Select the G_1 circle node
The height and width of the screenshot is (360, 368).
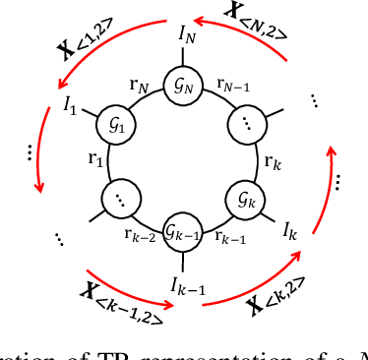click(x=115, y=125)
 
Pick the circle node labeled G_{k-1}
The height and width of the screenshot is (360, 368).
click(x=182, y=232)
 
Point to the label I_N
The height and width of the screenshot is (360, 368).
click(x=187, y=34)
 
